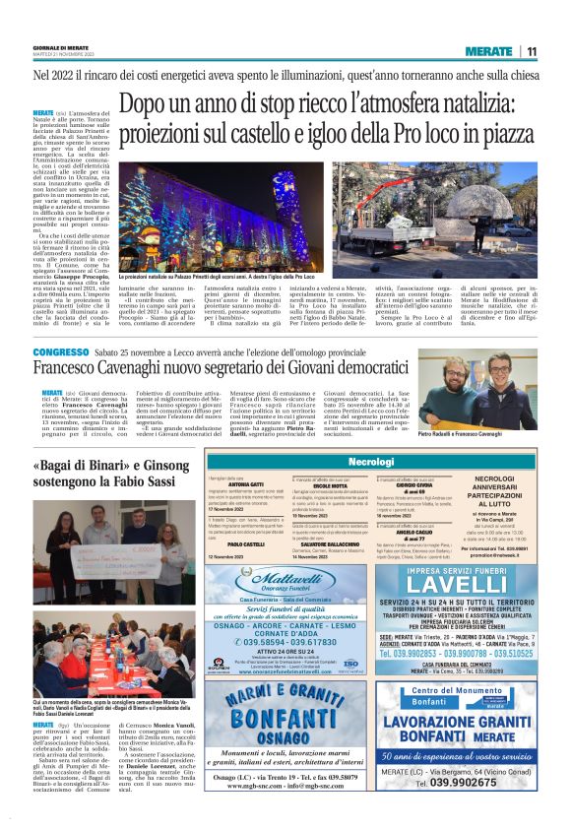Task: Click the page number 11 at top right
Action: (531, 51)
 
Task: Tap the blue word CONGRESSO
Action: (63, 351)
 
